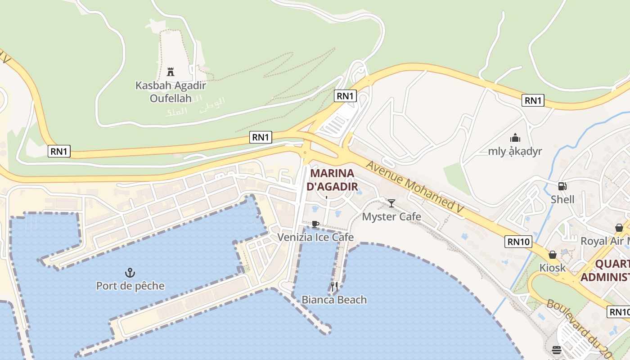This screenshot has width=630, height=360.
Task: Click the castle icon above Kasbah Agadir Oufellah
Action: (171, 72)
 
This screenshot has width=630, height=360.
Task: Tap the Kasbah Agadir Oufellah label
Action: (171, 92)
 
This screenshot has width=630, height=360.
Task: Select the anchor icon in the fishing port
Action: (130, 272)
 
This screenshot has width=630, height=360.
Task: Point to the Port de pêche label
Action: (130, 286)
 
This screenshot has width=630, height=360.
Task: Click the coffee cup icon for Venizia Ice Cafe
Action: (315, 224)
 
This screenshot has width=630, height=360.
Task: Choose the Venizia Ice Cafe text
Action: (315, 237)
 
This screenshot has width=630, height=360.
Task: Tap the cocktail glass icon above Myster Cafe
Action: (391, 203)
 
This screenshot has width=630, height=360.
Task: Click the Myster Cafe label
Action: (391, 217)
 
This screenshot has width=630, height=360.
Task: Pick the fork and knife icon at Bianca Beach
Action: (334, 286)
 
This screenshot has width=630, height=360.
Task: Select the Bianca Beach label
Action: (334, 300)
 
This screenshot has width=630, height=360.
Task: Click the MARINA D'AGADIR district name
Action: (333, 180)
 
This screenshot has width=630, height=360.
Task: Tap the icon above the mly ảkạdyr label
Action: (515, 138)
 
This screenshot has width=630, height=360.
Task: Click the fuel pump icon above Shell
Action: (562, 186)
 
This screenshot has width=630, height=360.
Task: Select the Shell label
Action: (562, 199)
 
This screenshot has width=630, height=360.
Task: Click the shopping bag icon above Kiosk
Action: (553, 255)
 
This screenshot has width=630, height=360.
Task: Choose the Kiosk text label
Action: (553, 268)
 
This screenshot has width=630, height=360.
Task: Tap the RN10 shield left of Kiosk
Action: (518, 242)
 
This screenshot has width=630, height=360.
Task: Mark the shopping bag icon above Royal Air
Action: (619, 228)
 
